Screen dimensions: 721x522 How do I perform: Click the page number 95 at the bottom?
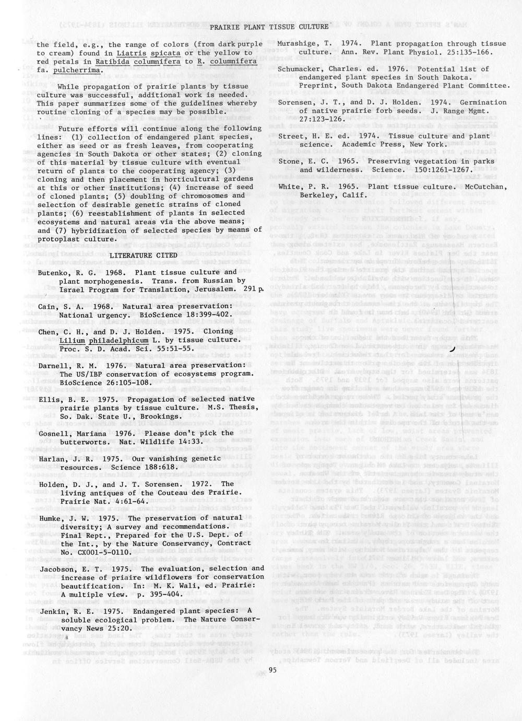click(x=273, y=670)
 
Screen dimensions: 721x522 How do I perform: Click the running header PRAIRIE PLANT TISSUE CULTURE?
click(x=269, y=27)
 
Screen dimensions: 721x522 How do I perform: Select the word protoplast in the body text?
click(x=58, y=239)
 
